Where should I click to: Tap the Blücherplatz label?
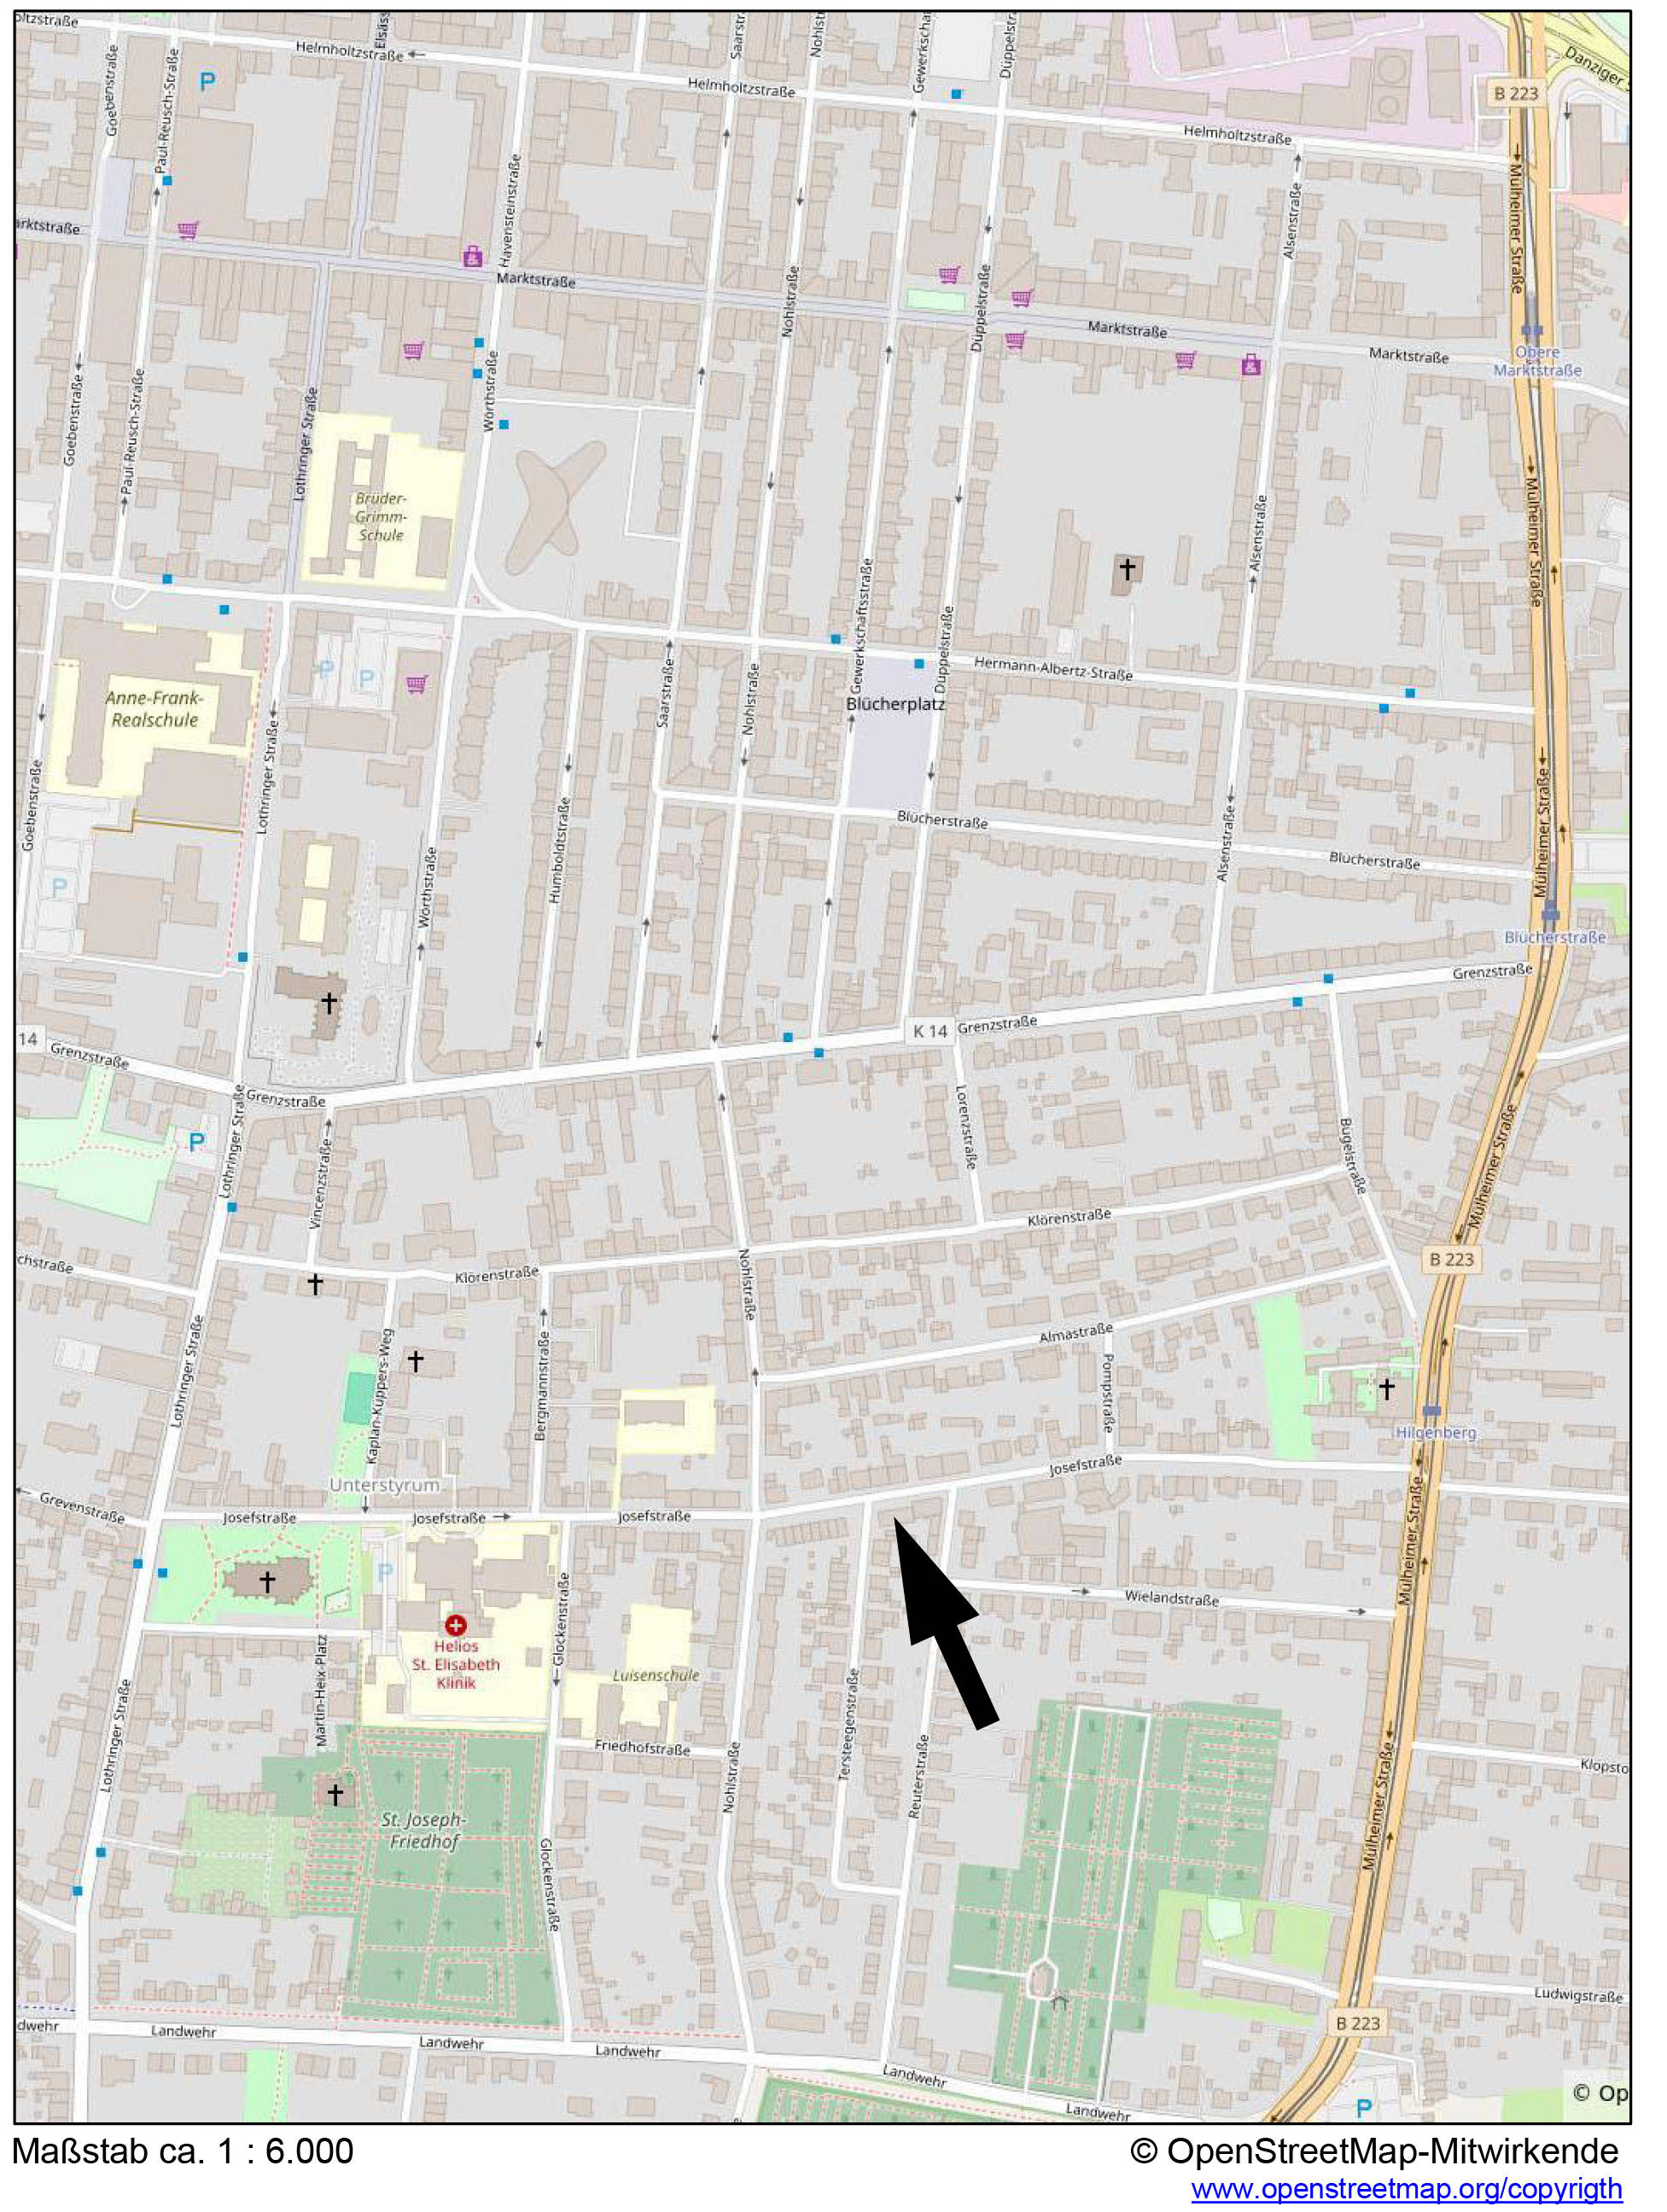(895, 704)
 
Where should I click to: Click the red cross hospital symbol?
(456, 1625)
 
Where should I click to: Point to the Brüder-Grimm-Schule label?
(380, 516)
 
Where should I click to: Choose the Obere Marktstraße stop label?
(1537, 362)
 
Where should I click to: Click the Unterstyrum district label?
(384, 1485)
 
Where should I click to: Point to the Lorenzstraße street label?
(965, 1127)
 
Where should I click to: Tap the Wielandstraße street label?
(1171, 1597)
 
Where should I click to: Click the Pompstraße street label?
(1108, 1392)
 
